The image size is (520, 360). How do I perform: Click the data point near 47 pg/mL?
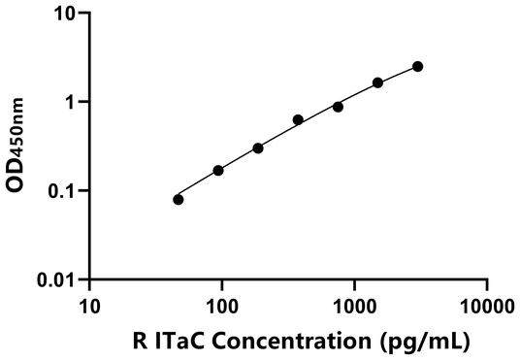tap(179, 199)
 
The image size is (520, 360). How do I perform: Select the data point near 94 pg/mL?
tap(218, 170)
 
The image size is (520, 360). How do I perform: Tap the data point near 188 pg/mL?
tap(258, 147)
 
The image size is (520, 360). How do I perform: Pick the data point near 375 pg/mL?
tap(298, 119)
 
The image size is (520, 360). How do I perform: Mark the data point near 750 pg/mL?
tap(338, 106)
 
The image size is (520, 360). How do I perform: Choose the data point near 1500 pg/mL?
tap(377, 82)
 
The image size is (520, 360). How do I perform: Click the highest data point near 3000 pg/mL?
tap(417, 66)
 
